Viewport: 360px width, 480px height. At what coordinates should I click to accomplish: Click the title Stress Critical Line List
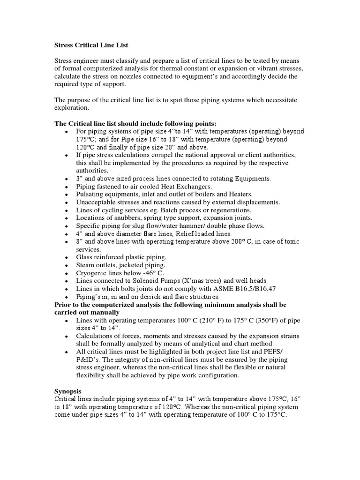pos(91,45)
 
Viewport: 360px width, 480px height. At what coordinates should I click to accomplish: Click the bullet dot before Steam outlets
pos(68,266)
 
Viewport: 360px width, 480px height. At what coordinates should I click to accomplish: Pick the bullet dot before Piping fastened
pos(68,187)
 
